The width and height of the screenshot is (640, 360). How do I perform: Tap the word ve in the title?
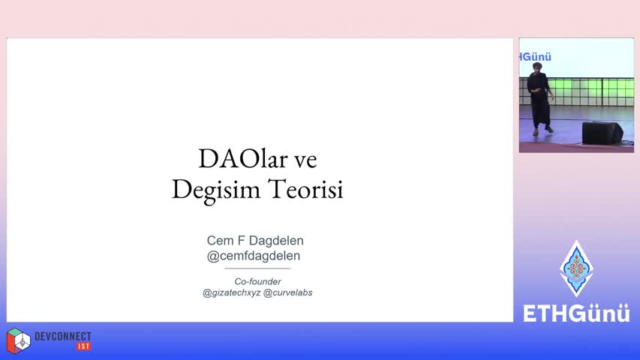coord(305,160)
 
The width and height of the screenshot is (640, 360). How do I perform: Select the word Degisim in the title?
coord(216,190)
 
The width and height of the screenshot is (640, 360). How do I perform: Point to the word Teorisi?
coord(305,190)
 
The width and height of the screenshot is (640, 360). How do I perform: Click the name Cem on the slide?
coord(220,241)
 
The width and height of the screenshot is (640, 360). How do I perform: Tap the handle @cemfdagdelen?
coord(254,256)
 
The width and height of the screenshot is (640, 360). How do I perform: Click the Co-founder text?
coord(257,282)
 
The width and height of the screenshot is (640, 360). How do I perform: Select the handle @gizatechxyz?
coord(231,292)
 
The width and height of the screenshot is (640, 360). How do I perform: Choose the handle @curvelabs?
coord(288,292)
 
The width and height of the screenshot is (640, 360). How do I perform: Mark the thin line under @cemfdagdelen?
coord(257,268)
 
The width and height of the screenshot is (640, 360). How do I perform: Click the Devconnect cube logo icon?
coord(18,340)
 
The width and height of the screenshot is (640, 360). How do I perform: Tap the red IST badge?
coord(84,346)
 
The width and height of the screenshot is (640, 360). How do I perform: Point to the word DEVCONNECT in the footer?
coord(63,336)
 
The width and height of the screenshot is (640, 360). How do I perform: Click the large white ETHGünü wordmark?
coord(576,313)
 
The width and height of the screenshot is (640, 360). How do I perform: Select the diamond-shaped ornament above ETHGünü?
coord(576,268)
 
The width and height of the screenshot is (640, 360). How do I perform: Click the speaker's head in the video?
coord(537,67)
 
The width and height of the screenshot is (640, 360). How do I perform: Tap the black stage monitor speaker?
coord(602,133)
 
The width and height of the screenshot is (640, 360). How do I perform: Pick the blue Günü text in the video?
coord(536,57)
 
